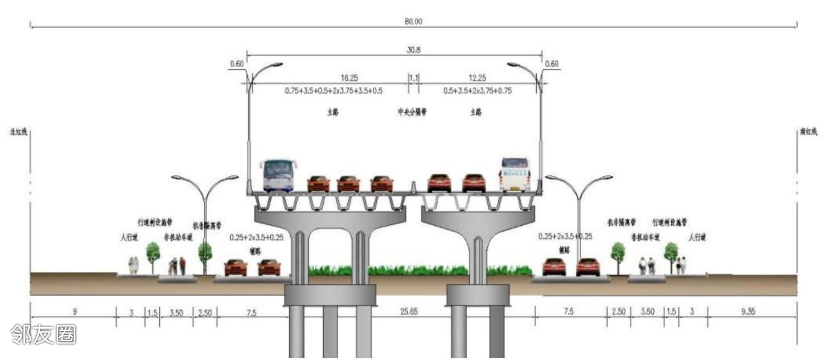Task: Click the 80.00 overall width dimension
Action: point(414,21)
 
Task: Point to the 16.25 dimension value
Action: point(349,79)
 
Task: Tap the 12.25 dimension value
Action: point(477,79)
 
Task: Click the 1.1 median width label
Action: point(413,79)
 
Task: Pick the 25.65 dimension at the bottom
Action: point(409,312)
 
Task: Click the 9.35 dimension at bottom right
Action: point(748,312)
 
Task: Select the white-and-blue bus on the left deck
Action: point(279,175)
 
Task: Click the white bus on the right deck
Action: point(514,174)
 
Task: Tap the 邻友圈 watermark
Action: point(43,334)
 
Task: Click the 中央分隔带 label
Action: point(413,112)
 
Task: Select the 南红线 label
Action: point(808,132)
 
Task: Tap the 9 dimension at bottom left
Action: point(75,312)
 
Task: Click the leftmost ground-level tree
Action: point(153,254)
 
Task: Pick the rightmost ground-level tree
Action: point(671,253)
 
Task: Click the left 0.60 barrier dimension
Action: point(237,64)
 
